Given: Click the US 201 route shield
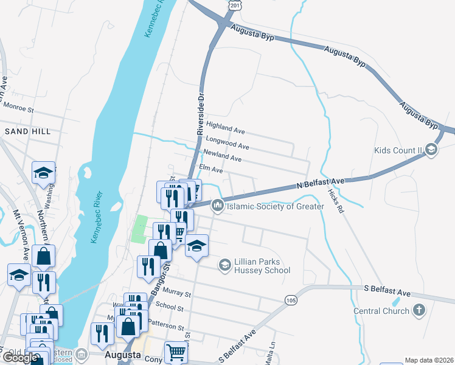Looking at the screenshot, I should tap(235, 4).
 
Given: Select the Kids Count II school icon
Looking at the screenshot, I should tap(431, 150).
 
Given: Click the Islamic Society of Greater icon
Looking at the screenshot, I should tap(217, 207).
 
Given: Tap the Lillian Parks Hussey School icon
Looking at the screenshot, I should tap(224, 265).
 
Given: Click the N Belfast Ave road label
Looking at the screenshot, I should tap(321, 183).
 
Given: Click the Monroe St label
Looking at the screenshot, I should tap(18, 108).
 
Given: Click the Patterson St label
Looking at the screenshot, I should tap(170, 327).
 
